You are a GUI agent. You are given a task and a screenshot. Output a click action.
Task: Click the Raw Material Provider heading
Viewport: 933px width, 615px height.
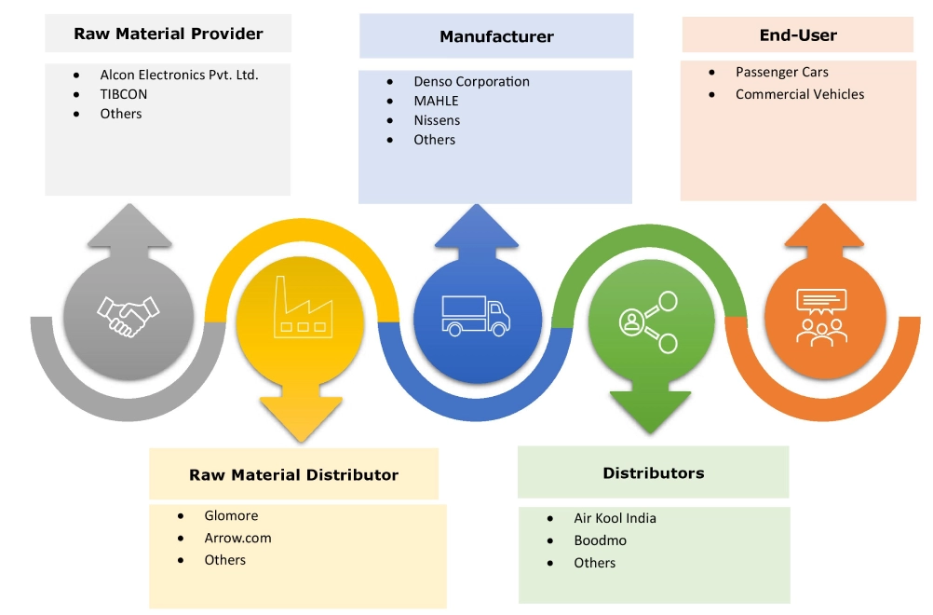click(x=169, y=34)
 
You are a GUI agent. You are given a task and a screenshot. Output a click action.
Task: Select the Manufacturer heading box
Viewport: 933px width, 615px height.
click(x=496, y=37)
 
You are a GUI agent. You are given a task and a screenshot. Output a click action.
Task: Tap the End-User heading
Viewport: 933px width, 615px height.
click(x=798, y=35)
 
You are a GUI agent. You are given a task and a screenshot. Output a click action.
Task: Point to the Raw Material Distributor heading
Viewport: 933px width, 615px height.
click(x=293, y=474)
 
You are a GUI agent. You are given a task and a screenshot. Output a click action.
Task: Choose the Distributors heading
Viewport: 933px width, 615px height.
click(x=654, y=472)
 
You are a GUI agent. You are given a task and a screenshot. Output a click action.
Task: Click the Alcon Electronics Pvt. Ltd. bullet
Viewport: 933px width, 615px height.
click(x=179, y=75)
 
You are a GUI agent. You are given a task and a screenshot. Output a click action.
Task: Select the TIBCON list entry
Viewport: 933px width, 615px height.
click(x=124, y=94)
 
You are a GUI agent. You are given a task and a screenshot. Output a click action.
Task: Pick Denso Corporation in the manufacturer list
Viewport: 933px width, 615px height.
click(x=471, y=81)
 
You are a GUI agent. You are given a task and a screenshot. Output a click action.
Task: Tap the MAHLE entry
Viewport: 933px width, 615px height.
click(x=436, y=101)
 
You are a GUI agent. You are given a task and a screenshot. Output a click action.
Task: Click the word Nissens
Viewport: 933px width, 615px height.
click(x=437, y=120)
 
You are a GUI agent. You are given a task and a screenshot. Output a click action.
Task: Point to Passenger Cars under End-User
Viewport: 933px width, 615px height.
click(x=781, y=72)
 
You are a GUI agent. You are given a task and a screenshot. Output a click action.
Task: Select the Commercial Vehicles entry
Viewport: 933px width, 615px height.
click(x=799, y=94)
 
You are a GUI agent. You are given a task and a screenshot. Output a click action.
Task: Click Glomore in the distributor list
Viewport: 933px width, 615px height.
click(x=231, y=515)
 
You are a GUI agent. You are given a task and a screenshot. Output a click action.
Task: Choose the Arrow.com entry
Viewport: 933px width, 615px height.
click(x=237, y=538)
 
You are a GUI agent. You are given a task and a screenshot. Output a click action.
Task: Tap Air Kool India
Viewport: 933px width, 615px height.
click(x=615, y=518)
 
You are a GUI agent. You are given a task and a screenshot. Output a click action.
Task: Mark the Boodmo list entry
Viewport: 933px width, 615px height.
click(x=600, y=540)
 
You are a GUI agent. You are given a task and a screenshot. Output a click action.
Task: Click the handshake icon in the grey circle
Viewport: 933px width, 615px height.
click(x=128, y=317)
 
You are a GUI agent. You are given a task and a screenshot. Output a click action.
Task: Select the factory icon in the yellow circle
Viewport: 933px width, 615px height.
click(x=301, y=307)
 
